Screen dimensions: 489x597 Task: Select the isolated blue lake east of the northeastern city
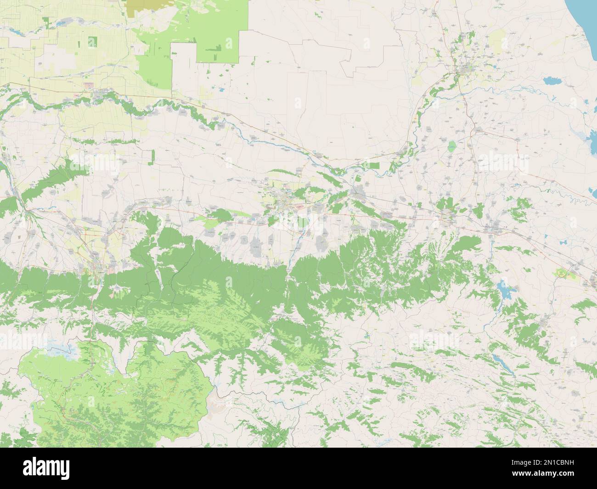[x=552, y=82]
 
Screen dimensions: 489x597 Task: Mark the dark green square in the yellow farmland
[x=92, y=42]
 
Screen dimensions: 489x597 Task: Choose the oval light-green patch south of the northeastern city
[x=452, y=146]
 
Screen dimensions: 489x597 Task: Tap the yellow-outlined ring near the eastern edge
[x=562, y=274]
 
